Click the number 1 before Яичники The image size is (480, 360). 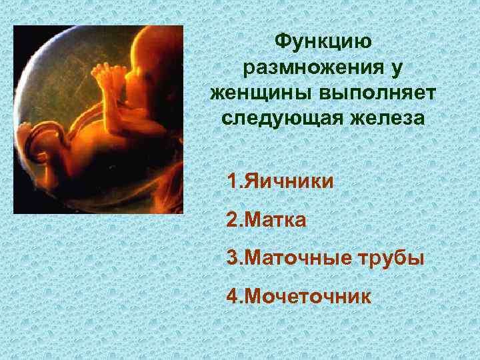tap(231, 181)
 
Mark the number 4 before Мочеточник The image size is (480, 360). tap(231, 296)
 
